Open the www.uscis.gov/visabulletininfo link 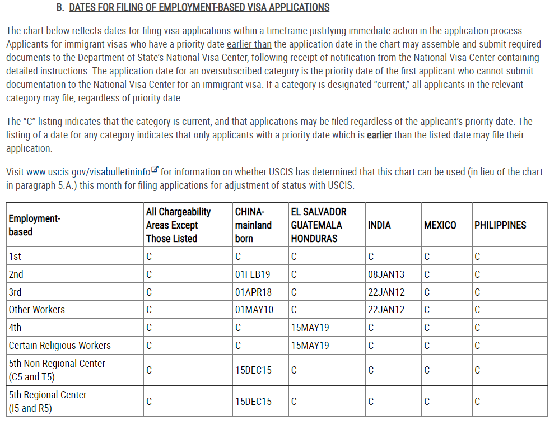(88, 172)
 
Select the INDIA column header (380, 225)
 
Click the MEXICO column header (440, 225)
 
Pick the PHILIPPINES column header (500, 225)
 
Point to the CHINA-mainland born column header (253, 225)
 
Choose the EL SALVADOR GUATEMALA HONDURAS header (318, 225)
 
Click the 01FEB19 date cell (253, 274)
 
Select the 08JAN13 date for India (386, 274)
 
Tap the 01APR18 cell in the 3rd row (253, 292)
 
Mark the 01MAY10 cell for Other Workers (254, 310)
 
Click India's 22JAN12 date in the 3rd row (386, 292)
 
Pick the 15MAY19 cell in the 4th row (310, 328)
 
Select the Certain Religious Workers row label (60, 346)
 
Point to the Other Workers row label (37, 310)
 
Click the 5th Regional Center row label (48, 401)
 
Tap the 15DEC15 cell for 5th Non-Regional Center (253, 370)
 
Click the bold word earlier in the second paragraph (379, 136)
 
